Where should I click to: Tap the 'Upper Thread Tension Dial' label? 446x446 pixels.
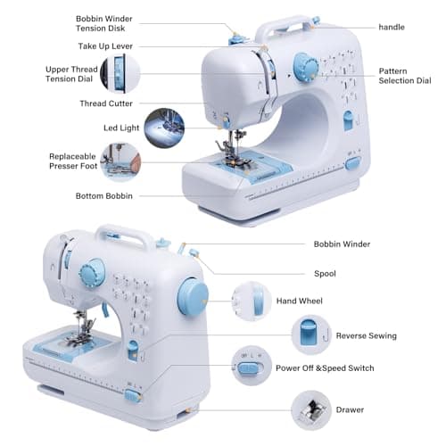71,74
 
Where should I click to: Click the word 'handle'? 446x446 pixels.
391,28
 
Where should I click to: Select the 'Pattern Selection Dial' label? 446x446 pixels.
404,76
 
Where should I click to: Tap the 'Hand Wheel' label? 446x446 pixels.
299,301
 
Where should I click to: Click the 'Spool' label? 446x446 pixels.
325,274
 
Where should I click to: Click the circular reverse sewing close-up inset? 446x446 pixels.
310,334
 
